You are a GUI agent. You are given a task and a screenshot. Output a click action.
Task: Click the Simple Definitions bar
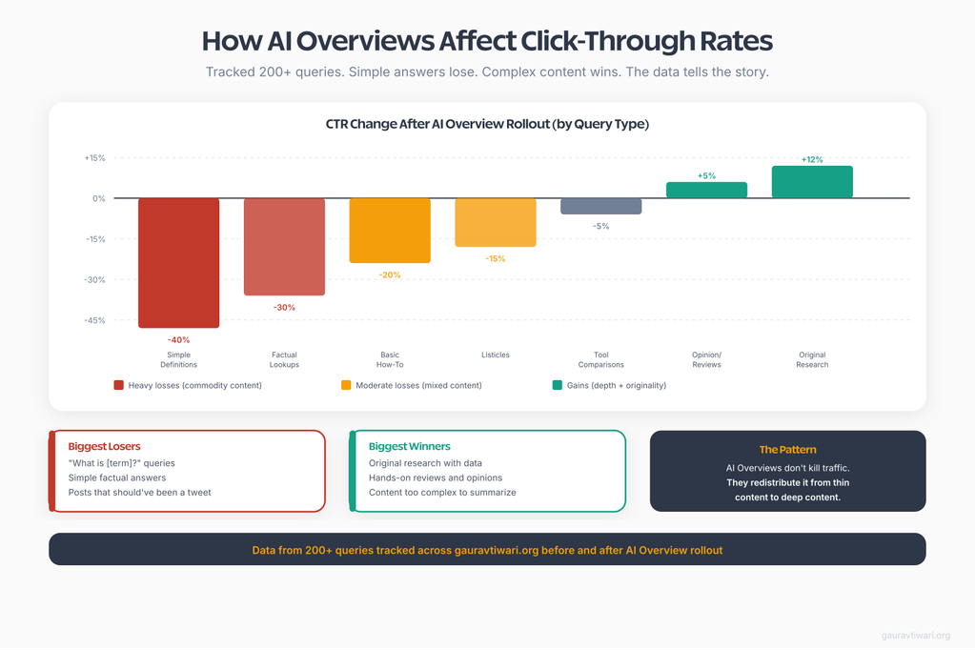178,262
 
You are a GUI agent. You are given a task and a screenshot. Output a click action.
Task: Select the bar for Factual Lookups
284,246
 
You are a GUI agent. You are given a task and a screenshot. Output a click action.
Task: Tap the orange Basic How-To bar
390,230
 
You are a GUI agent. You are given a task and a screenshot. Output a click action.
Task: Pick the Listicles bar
496,222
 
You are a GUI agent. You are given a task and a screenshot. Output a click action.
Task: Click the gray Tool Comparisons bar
600,206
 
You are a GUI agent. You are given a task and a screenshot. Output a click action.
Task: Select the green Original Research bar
812,182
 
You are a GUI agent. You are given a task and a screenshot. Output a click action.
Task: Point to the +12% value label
812,159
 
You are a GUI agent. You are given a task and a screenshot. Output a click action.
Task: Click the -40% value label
178,339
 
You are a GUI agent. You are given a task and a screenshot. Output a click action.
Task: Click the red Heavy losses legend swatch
119,385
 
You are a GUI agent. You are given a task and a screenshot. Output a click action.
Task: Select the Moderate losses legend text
418,385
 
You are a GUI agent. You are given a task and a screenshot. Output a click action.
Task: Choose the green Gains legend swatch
558,385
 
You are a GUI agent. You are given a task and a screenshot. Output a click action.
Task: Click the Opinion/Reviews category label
706,359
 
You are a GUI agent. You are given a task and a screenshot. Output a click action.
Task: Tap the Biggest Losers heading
104,446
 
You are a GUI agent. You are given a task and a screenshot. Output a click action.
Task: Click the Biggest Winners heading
410,446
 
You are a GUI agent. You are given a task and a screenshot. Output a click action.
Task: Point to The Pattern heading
787,449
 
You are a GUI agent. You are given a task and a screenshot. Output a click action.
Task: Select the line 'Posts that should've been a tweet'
139,493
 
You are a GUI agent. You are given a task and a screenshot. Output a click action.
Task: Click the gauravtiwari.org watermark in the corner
915,636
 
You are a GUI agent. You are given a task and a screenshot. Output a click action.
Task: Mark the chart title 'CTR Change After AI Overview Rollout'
487,124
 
